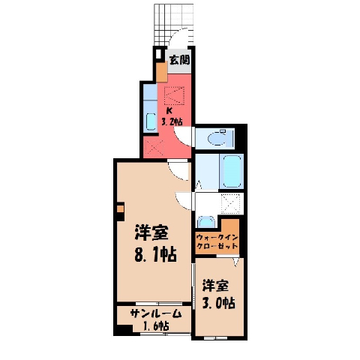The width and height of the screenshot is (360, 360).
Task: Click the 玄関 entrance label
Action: point(179,60)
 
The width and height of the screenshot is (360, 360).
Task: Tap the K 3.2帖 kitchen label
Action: point(171,116)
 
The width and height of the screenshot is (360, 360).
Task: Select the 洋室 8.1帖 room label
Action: point(155,243)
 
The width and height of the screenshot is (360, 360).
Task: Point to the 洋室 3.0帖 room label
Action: point(218,295)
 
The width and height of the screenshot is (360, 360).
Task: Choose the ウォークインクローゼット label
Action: point(217,241)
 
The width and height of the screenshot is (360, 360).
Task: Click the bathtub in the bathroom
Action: point(232,171)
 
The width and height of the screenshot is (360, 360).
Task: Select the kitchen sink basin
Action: point(151,121)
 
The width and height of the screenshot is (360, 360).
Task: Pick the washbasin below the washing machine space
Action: point(206,222)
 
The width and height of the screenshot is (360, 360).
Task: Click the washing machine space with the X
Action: point(231,204)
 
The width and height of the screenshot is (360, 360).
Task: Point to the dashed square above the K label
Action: point(174,95)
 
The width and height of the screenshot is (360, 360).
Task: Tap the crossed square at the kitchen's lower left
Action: point(154,148)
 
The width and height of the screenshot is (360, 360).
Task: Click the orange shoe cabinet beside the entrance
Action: point(162,71)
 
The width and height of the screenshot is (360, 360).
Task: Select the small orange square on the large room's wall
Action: point(121,209)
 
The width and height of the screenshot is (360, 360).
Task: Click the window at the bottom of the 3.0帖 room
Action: point(215,338)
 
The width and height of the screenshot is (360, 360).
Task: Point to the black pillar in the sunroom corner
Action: point(124,330)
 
